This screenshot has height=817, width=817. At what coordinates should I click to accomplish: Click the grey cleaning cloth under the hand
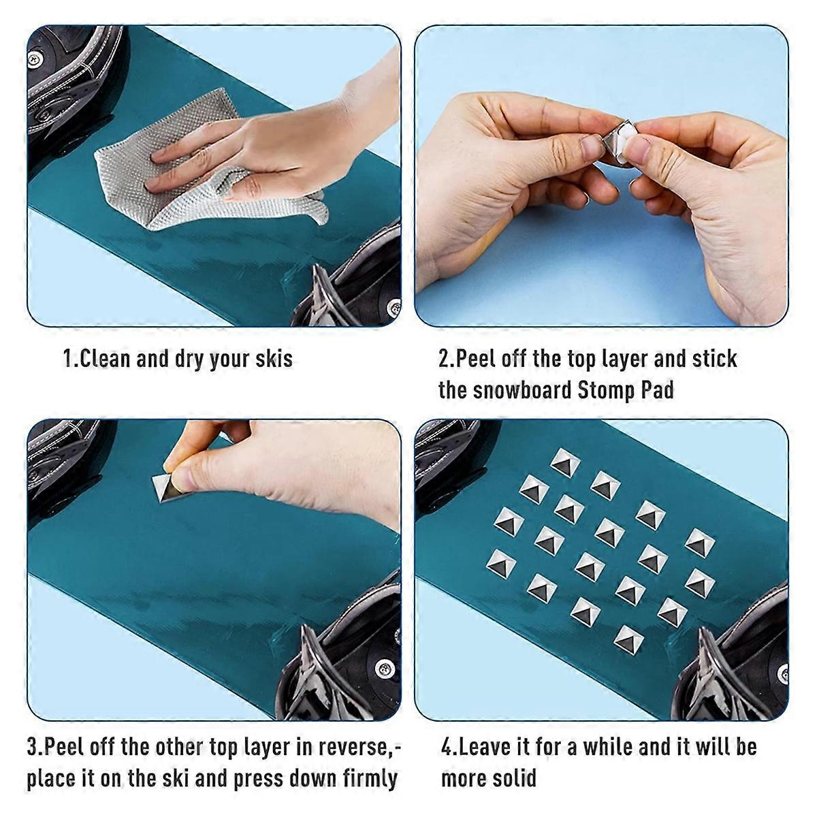point(199,170)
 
